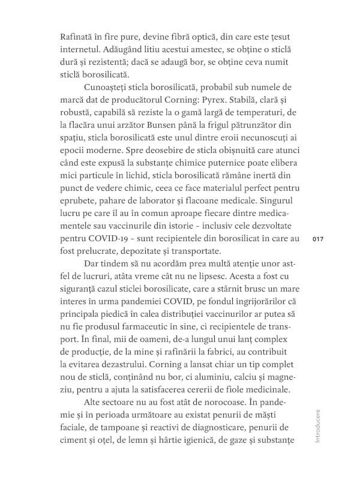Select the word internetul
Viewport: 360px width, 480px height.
pos(86,48)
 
